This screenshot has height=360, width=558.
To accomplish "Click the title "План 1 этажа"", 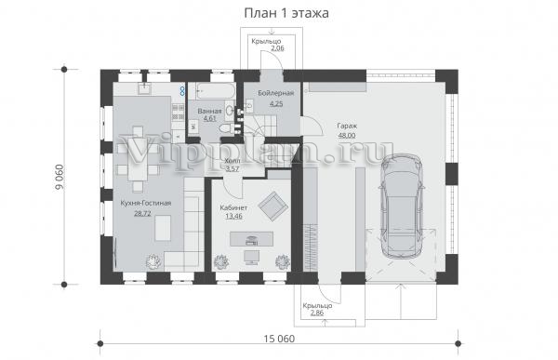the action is pos(286,14).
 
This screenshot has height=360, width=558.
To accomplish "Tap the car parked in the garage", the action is pos(402,207).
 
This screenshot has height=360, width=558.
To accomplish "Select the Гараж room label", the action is pos(347,127).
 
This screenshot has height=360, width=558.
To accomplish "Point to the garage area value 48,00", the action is pos(347,135).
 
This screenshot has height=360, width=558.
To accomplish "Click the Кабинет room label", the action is pos(233,207).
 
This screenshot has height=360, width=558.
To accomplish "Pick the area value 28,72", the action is pos(142,213).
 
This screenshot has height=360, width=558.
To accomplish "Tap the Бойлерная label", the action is pos(276,93).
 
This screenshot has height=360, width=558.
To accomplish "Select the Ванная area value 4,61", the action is pos(209,118).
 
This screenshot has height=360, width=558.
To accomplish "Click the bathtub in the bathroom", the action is pos(216,91).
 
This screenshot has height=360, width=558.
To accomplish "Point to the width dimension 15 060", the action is pos(279,339).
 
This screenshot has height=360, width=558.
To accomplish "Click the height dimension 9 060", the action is pos(60,178).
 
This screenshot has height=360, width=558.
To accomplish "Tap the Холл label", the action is pos(232,161).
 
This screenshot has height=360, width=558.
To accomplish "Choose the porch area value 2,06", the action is pos(277,48).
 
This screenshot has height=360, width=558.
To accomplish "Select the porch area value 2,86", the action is pos(317,313).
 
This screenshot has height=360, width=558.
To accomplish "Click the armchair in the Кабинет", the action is pos(273,206).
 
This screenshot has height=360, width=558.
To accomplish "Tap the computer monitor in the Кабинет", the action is pos(252,257).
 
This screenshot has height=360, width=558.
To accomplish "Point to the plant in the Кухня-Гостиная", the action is pos(154,261).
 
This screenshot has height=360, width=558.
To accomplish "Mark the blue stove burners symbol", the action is pos(182,90).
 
